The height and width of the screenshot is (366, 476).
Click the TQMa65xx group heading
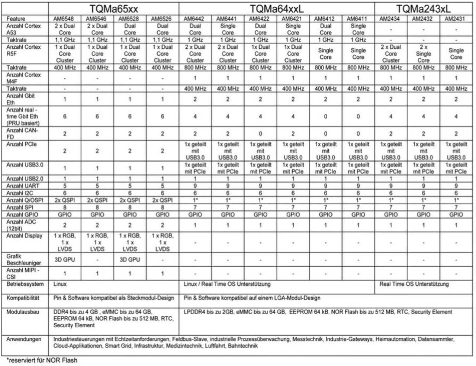pos(114,9)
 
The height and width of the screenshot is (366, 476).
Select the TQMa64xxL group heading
pos(277,9)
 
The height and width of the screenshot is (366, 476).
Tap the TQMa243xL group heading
pos(424,9)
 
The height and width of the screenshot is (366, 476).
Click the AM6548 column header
pos(64,19)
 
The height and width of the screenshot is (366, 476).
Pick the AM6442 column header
pos(195,19)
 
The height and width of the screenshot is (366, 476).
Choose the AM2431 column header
pos(456,19)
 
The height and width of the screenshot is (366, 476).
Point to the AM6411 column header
pos(358,19)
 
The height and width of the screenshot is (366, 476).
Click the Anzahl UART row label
pos(23,186)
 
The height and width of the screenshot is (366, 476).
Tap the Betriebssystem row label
pos(25,284)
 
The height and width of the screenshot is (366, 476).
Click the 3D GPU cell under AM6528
pos(130,260)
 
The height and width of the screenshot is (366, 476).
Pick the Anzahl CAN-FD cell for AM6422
pos(260,134)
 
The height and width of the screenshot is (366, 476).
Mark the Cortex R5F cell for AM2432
pos(423,54)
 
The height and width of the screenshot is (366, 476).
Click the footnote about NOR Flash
pos(42,360)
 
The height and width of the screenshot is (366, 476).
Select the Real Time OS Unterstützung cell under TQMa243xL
pos(414,284)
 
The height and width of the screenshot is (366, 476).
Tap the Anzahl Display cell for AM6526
pos(163,242)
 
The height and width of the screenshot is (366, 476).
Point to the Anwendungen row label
pos(24,339)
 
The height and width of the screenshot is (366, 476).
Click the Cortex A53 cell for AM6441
pos(228,29)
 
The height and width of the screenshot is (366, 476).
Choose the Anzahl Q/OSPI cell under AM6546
pos(97,200)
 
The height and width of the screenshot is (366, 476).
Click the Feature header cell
pos(16,19)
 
